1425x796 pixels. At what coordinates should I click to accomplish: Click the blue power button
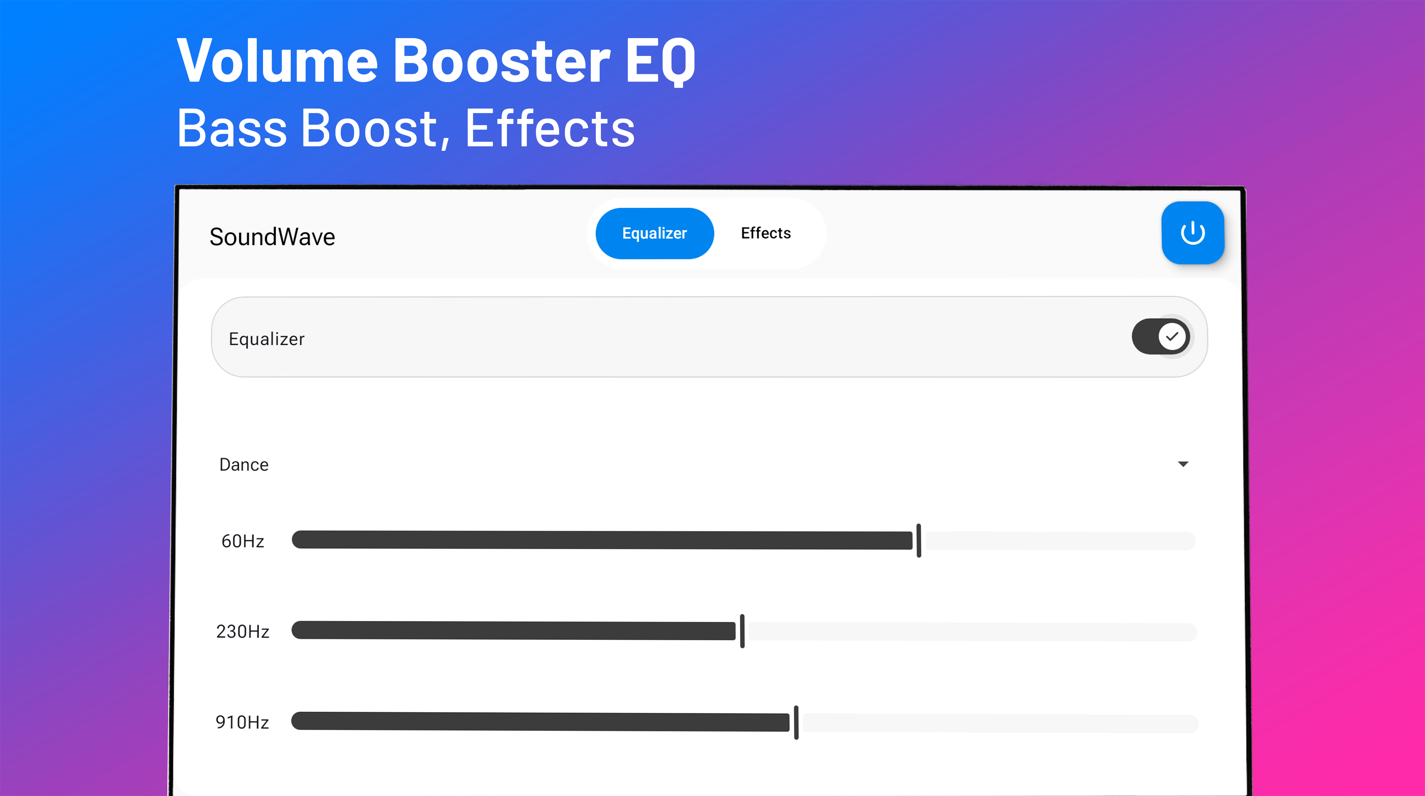(1192, 232)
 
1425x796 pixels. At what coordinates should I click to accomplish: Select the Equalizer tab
(654, 233)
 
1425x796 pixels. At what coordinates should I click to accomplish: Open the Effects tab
(766, 233)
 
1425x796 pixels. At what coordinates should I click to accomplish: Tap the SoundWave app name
(272, 237)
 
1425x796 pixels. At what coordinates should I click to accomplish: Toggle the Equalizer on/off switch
(1160, 336)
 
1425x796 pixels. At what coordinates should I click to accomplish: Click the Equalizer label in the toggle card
(267, 339)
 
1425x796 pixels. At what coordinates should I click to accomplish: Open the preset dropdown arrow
(1183, 464)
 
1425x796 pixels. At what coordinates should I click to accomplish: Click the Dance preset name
(244, 465)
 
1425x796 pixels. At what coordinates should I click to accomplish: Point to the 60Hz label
(243, 541)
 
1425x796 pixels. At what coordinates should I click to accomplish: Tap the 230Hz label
(243, 631)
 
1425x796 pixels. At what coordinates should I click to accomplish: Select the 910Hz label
(242, 722)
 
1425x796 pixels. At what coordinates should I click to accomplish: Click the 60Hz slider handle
(919, 540)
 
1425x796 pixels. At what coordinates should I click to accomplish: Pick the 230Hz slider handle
(743, 631)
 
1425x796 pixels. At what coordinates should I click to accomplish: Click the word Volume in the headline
(277, 61)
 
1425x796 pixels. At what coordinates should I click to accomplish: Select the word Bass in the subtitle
(232, 128)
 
